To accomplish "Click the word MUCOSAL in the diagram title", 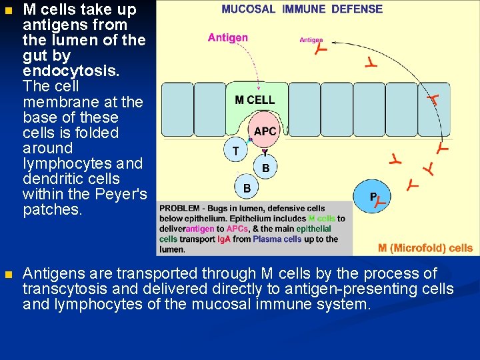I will [x=248, y=9].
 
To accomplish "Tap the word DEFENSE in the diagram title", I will [x=357, y=9].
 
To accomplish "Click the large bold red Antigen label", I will [x=227, y=38].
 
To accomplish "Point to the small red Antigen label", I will [x=311, y=40].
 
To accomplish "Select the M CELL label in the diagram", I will [x=255, y=100].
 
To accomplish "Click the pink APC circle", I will [x=265, y=131].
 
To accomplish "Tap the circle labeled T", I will [x=236, y=151].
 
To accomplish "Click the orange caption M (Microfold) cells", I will [x=425, y=248].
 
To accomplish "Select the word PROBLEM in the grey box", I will [x=179, y=208].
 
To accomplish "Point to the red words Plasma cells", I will [x=277, y=239].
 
